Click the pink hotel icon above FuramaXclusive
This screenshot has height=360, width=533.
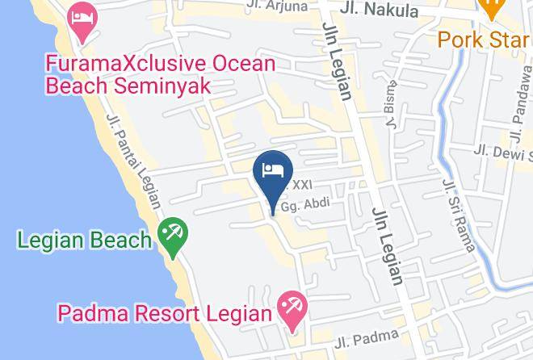[82, 22]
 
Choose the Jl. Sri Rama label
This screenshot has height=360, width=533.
[458, 216]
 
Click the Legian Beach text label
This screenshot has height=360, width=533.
[84, 240]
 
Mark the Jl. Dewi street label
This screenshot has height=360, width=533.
[500, 152]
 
